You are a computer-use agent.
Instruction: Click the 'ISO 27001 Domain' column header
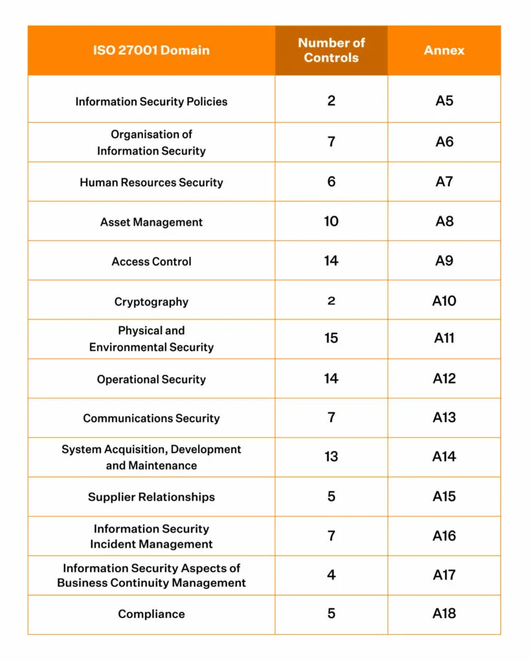tap(151, 50)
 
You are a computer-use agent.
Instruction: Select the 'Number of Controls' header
tap(331, 50)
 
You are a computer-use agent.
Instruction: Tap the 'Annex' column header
tap(444, 50)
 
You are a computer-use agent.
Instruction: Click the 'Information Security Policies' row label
tap(151, 101)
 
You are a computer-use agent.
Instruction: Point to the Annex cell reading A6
tap(444, 142)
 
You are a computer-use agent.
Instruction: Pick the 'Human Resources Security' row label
tap(151, 182)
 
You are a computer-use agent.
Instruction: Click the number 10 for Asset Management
tap(331, 221)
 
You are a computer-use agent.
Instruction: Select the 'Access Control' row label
tap(151, 262)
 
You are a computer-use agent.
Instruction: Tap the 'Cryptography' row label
tap(151, 302)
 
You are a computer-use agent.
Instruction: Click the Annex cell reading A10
tap(444, 301)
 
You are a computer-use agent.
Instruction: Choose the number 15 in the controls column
tap(331, 338)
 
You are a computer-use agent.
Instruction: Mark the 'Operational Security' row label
tap(151, 379)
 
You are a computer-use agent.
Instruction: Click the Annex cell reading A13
tap(444, 418)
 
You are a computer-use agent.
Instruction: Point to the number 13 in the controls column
tap(331, 457)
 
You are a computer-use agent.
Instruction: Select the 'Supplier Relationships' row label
tap(151, 497)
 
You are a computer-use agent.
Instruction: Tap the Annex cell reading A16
tap(444, 536)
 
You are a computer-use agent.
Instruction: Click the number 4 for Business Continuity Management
tap(331, 575)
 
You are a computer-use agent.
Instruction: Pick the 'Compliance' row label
tap(151, 614)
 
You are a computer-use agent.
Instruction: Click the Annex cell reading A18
tap(444, 614)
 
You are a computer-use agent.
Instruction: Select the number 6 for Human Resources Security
tap(331, 182)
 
